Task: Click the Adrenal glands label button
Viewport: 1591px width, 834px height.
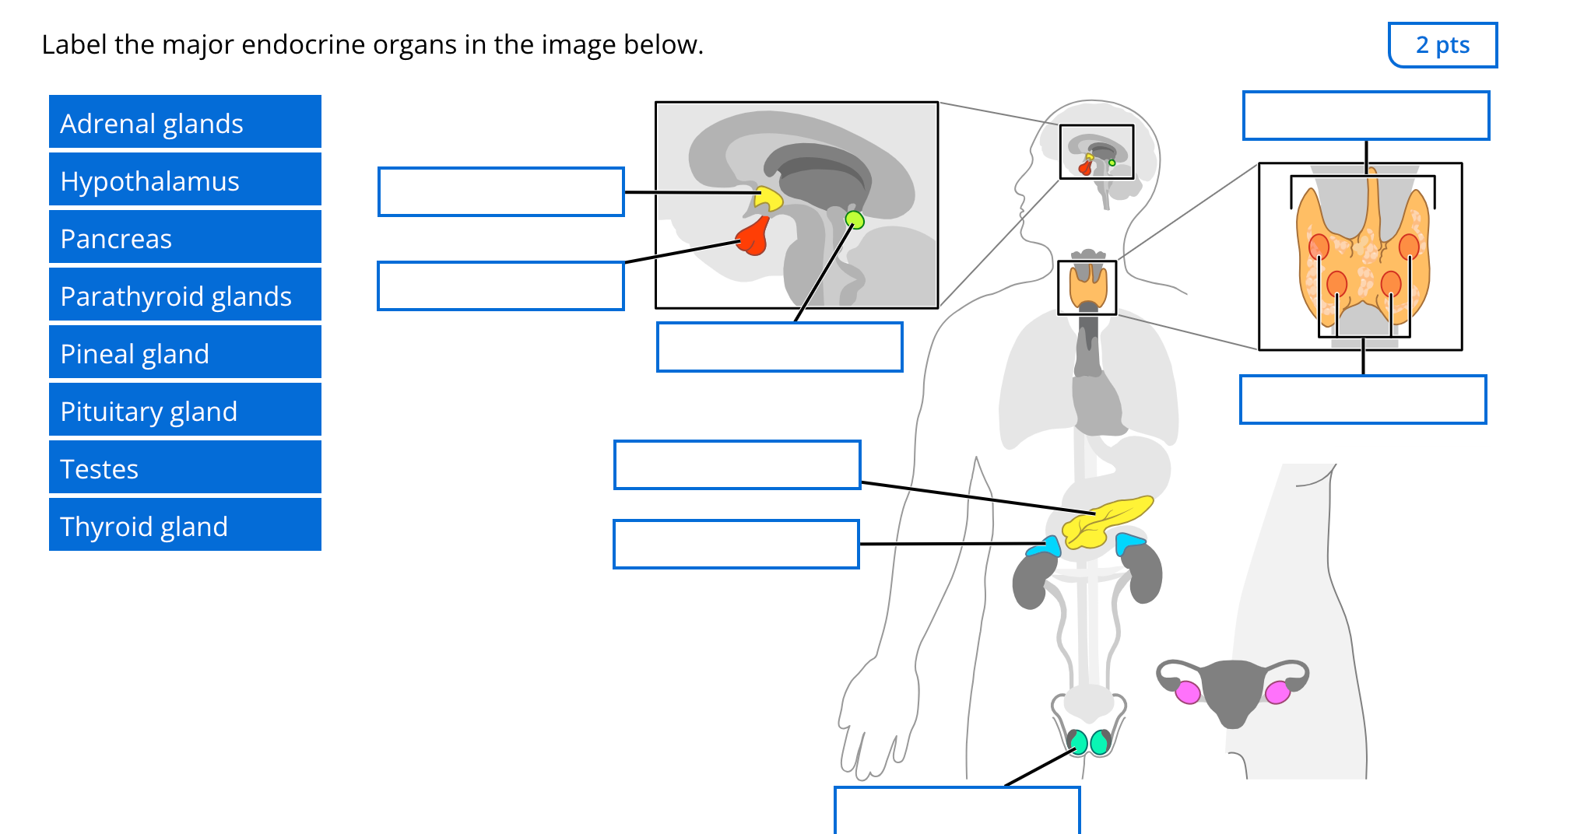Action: (184, 122)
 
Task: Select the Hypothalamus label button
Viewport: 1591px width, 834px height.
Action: (184, 180)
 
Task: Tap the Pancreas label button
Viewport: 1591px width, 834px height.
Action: (184, 237)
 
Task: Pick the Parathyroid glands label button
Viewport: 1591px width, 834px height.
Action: (184, 295)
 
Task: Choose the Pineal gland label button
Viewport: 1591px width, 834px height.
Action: (184, 352)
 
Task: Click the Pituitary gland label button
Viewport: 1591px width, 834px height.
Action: (184, 410)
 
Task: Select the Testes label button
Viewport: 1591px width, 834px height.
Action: (184, 468)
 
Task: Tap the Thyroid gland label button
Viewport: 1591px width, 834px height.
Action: (184, 525)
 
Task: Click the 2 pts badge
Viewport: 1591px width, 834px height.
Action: (1442, 45)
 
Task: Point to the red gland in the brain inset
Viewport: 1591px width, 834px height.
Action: (754, 237)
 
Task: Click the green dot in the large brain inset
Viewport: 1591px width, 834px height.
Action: (855, 220)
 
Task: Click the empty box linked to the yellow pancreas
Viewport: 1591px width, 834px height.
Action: (736, 465)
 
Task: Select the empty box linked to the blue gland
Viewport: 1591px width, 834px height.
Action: (736, 544)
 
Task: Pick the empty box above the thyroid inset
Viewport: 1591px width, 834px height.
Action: (1365, 116)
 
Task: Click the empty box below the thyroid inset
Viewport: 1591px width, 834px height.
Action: (1362, 400)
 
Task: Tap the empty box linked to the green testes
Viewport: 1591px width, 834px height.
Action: (957, 810)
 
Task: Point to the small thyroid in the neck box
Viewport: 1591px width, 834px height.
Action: (1087, 286)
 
